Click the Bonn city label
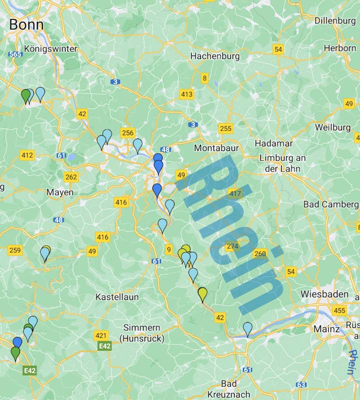click(26, 24)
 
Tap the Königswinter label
click(51, 49)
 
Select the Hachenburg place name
click(215, 56)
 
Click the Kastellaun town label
click(117, 297)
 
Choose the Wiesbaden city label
click(324, 294)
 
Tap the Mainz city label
click(326, 329)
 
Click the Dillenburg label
click(335, 20)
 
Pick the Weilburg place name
click(332, 127)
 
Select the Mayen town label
click(60, 192)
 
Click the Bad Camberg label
click(330, 204)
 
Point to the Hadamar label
click(273, 143)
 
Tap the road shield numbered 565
click(15, 53)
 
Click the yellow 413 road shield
click(186, 94)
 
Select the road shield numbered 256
click(127, 132)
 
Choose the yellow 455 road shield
click(339, 310)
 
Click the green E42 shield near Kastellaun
click(104, 346)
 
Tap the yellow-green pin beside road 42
click(202, 294)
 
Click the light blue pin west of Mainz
click(247, 328)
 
